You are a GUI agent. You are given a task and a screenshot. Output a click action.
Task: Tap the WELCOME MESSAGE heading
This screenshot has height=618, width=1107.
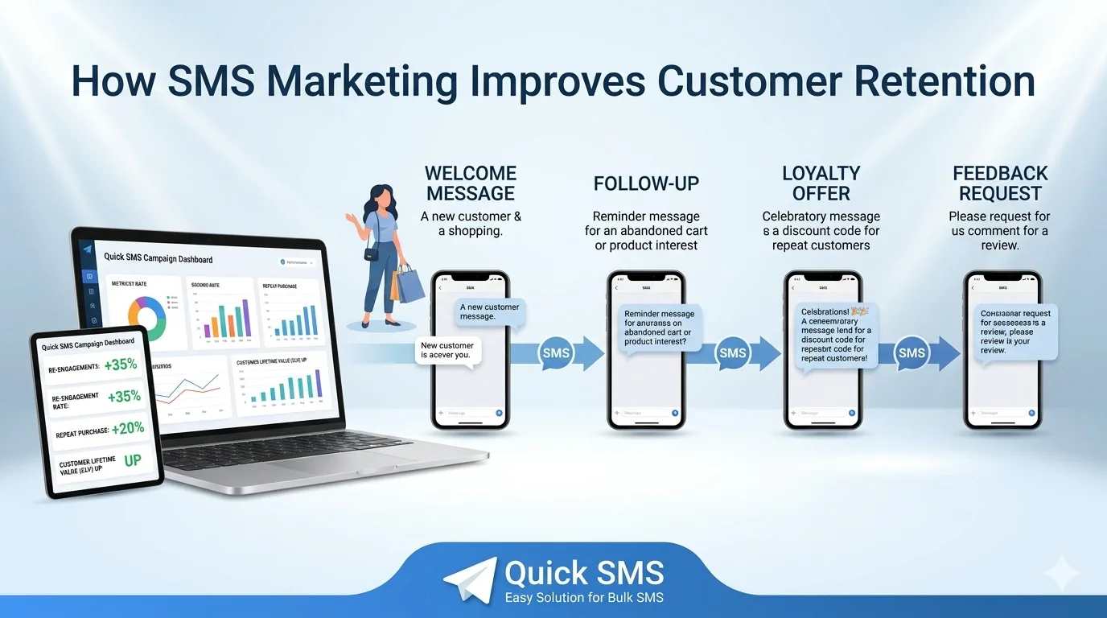pos(471,183)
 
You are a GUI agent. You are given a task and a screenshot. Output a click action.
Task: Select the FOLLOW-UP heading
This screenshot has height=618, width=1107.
pos(647,183)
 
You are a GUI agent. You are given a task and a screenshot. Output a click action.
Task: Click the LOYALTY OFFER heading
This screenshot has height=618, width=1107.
pos(821,183)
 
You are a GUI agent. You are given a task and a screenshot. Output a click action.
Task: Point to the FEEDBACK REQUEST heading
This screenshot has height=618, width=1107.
pos(1000,183)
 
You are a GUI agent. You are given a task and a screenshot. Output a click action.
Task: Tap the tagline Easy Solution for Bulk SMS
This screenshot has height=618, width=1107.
pos(584,597)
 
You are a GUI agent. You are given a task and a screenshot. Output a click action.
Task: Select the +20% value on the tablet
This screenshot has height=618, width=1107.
pos(127,428)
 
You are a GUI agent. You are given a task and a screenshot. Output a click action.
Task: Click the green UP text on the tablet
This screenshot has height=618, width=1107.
pos(132,461)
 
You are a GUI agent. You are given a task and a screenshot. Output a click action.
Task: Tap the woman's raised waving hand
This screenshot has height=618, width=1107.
pos(351,217)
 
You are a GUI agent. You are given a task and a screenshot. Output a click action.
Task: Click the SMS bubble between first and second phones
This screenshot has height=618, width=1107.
pos(556,353)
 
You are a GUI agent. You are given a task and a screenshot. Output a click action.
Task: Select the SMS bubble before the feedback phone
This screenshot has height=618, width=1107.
pos(911,353)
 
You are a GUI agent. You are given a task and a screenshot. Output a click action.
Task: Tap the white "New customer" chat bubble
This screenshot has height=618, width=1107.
pos(447,350)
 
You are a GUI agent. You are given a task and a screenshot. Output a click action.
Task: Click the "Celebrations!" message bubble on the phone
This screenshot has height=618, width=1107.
pos(837,334)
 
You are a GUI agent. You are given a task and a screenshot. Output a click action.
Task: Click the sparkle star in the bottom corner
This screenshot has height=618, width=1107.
pos(1061,573)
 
